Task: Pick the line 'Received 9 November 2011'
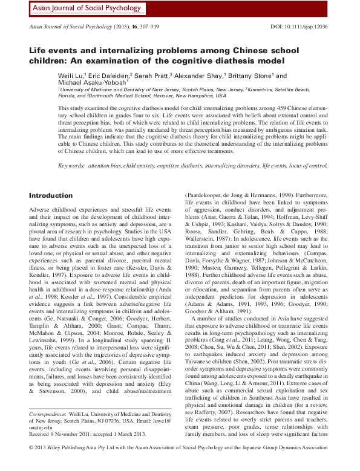click(x=60, y=450)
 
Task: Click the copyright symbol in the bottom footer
click(x=32, y=465)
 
